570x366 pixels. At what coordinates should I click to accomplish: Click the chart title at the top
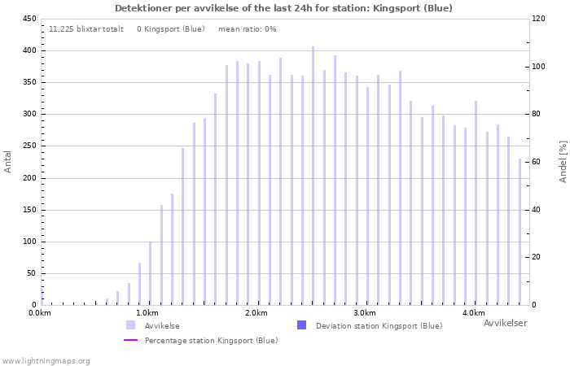[283, 8]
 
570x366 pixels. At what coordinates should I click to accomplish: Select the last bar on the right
[520, 232]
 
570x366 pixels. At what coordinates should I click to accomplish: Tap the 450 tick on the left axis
[29, 19]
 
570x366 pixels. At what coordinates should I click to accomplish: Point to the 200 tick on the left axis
[29, 178]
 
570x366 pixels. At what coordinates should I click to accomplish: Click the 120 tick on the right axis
[539, 19]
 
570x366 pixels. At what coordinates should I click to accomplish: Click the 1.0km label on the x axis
[147, 313]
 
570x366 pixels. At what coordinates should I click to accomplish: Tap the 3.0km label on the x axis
[365, 313]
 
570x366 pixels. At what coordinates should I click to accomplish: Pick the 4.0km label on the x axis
[473, 313]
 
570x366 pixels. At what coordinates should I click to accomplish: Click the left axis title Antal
[9, 161]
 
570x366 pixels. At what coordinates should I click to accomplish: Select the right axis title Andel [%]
[563, 161]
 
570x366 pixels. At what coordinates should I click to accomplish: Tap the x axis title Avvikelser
[505, 324]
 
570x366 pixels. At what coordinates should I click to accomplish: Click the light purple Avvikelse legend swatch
[130, 325]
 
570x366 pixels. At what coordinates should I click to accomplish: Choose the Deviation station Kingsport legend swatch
[301, 325]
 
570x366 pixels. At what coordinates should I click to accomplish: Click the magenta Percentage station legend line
[130, 340]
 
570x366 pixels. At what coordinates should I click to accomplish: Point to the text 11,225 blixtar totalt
[86, 29]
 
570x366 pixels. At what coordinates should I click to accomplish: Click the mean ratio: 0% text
[248, 29]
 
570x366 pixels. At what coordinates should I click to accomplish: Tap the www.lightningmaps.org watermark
[46, 360]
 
